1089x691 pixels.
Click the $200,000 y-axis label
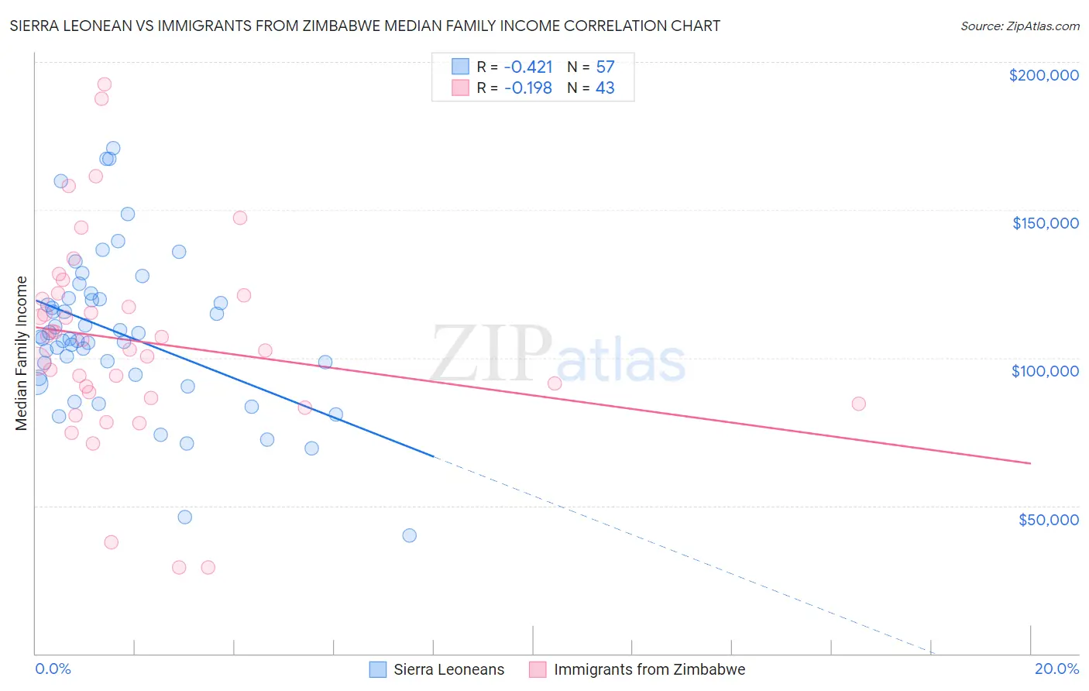1043,75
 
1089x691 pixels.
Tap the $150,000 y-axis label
1045,223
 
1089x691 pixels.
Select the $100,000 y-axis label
1045,371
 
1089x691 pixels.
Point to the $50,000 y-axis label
1048,519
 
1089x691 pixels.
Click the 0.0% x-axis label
53,669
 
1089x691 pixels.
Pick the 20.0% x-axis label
1056,669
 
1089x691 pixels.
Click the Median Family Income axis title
22,353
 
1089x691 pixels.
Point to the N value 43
605,88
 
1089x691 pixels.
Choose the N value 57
605,67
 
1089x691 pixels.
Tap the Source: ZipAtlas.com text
1019,26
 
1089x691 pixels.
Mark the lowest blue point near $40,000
410,535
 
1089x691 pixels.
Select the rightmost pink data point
858,404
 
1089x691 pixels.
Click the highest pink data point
104,84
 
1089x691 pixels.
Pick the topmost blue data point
113,148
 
